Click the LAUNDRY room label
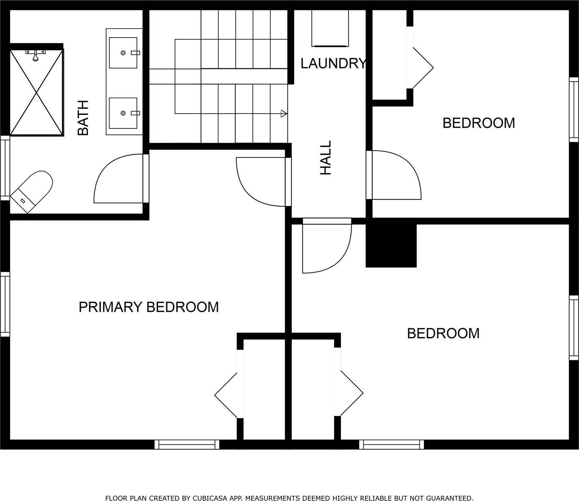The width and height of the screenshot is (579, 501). click(333, 63)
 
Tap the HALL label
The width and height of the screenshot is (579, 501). click(326, 157)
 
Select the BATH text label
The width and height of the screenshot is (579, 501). click(84, 118)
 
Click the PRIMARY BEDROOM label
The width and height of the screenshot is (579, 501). click(148, 307)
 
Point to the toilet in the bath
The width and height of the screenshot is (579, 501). click(32, 191)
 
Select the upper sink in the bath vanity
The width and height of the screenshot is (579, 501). click(123, 53)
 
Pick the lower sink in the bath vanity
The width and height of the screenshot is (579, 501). click(123, 113)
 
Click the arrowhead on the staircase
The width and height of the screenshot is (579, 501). click(284, 113)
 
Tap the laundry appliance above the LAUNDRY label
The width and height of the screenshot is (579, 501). click(330, 28)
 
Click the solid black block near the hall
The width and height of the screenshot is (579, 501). click(391, 245)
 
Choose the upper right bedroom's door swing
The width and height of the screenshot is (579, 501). click(396, 175)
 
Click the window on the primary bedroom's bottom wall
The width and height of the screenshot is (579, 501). click(187, 445)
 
